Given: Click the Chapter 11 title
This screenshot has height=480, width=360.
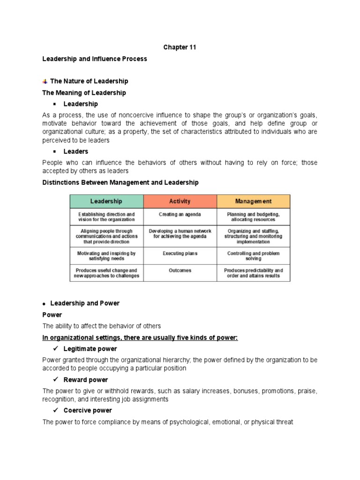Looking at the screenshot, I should point(180,47).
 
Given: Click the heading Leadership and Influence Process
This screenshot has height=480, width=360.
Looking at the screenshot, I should point(95,59).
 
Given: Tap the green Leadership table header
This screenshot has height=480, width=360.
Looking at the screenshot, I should point(106,202).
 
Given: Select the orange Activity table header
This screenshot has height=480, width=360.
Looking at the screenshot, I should point(180,202).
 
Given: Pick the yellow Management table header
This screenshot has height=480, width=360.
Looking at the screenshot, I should point(253,202).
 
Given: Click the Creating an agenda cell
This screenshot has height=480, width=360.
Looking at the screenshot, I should point(180,215).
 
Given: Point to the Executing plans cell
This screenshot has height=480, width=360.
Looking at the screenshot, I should point(180,254).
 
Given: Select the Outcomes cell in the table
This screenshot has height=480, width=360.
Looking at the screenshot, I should point(180,270).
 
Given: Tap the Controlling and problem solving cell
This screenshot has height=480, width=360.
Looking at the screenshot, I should point(253,256).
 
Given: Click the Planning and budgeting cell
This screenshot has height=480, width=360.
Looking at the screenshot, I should point(253,217).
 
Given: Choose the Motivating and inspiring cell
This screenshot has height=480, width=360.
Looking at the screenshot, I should point(106,256).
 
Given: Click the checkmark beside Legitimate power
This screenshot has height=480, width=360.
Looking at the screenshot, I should point(54,349).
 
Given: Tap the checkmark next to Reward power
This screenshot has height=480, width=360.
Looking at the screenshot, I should point(54,380).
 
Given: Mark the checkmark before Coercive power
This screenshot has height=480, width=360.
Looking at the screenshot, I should point(54,410).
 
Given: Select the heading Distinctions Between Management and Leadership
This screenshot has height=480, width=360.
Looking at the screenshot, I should point(120,182).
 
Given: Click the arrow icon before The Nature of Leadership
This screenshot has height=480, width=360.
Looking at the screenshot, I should point(45,82).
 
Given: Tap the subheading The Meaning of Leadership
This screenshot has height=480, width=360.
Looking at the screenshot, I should point(84,93).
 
